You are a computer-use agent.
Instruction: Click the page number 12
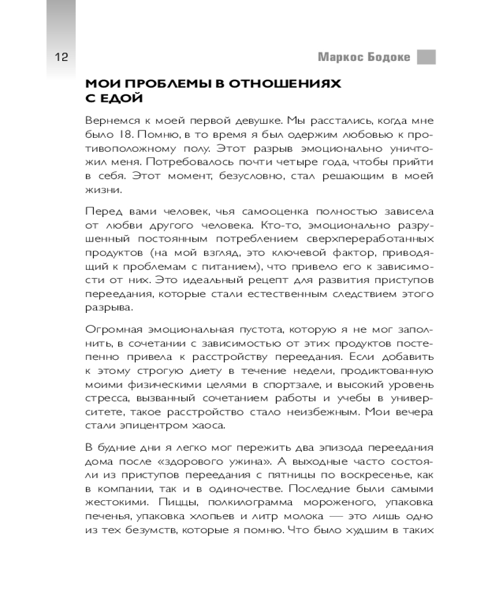point(61,58)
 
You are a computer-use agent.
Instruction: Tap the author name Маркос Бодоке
point(364,58)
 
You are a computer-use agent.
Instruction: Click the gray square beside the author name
point(426,57)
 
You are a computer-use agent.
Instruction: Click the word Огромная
point(112,330)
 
